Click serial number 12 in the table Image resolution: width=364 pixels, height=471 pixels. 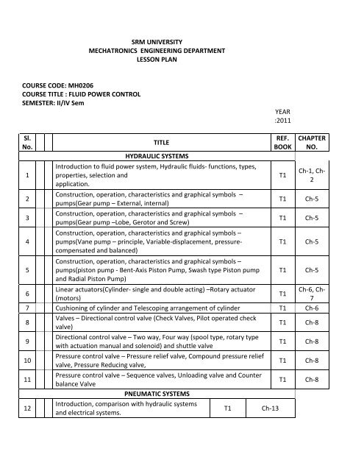26,408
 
